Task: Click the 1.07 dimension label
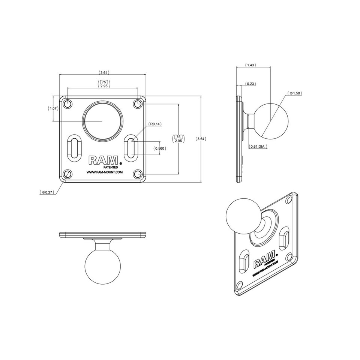(x=53, y=108)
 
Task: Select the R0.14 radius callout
(x=154, y=124)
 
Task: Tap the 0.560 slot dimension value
(x=160, y=148)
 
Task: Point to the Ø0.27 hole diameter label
(x=47, y=192)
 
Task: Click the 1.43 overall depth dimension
(x=250, y=65)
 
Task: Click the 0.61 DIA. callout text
(x=258, y=147)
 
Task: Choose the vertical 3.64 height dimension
(x=201, y=139)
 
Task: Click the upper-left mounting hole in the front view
(x=68, y=103)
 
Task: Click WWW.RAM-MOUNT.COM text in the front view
(x=105, y=172)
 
